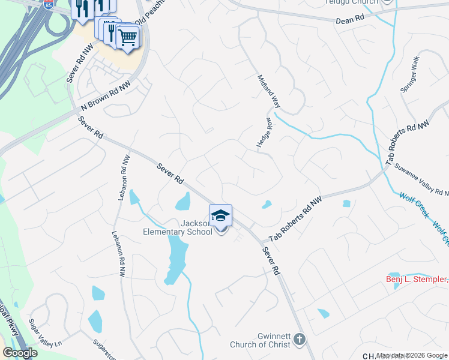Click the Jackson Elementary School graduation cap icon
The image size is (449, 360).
pyautogui.click(x=220, y=215)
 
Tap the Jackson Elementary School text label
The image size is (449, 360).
pyautogui.click(x=178, y=227)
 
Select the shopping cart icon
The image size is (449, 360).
pyautogui.click(x=127, y=37)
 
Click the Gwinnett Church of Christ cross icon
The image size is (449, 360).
pyautogui.click(x=299, y=341)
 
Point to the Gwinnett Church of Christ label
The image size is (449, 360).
pyautogui.click(x=259, y=340)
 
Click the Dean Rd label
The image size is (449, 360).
pyautogui.click(x=350, y=19)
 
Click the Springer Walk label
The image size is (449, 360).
pyautogui.click(x=413, y=75)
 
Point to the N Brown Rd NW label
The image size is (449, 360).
pyautogui.click(x=106, y=96)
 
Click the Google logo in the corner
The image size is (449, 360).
pyautogui.click(x=20, y=353)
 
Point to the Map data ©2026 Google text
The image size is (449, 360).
pyautogui.click(x=411, y=355)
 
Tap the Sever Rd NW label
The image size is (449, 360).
pyautogui.click(x=77, y=64)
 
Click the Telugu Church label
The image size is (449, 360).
pyautogui.click(x=352, y=2)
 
